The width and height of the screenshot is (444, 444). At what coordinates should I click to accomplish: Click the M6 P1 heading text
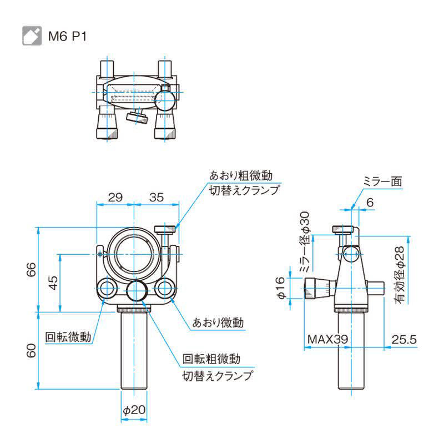pyautogui.click(x=67, y=37)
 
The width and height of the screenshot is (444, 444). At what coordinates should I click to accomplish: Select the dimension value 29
pyautogui.click(x=115, y=196)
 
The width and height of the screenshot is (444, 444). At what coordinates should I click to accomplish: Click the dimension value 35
pyautogui.click(x=157, y=196)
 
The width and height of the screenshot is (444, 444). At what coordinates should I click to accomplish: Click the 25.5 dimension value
pyautogui.click(x=403, y=339)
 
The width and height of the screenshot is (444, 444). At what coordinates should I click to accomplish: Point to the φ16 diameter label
pyautogui.click(x=281, y=289)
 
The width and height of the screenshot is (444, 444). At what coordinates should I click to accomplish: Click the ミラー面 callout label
pyautogui.click(x=382, y=181)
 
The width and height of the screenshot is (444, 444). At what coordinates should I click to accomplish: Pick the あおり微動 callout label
pyautogui.click(x=218, y=322)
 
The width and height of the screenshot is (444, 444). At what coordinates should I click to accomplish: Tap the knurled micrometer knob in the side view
pyautogui.click(x=317, y=289)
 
